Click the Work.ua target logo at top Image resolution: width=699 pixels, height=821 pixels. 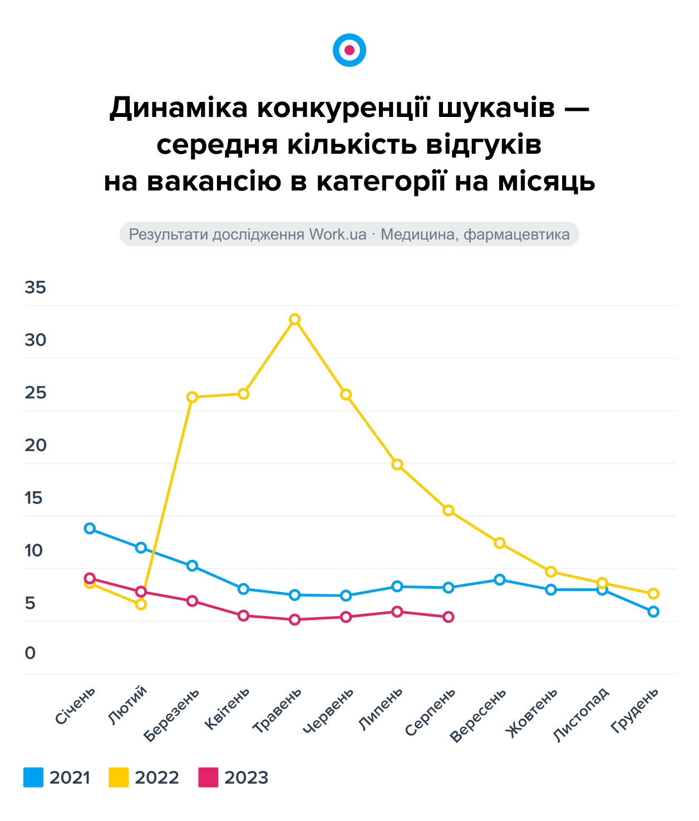pyautogui.click(x=349, y=50)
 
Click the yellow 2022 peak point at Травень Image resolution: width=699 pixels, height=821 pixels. pyautogui.click(x=295, y=319)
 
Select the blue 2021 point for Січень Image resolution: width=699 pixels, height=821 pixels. pyautogui.click(x=90, y=528)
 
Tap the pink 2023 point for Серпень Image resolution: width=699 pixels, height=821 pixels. pyautogui.click(x=449, y=617)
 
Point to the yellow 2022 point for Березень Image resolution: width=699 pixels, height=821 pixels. pyautogui.click(x=192, y=397)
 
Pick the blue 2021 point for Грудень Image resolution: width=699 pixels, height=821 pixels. pyautogui.click(x=653, y=612)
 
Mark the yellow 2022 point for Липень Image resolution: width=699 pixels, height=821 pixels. pyautogui.click(x=397, y=465)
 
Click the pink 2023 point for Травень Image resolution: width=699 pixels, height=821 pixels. pyautogui.click(x=295, y=619)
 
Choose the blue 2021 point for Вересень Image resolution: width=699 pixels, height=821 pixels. pyautogui.click(x=500, y=580)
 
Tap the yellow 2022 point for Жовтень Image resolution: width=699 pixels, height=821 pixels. pyautogui.click(x=551, y=571)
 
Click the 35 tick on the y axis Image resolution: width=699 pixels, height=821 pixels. pyautogui.click(x=35, y=288)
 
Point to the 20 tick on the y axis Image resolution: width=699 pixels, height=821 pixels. pyautogui.click(x=35, y=446)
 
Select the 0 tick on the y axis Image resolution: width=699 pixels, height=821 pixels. pyautogui.click(x=30, y=653)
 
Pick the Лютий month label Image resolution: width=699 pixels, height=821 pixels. pyautogui.click(x=128, y=705)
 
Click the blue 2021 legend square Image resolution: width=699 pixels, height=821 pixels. pyautogui.click(x=33, y=777)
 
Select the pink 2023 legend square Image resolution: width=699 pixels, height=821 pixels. pyautogui.click(x=208, y=777)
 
